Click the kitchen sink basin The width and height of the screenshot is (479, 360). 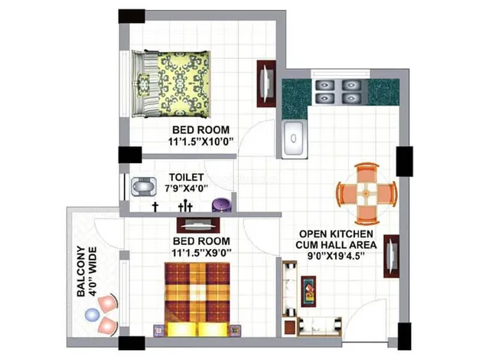(x=294, y=139)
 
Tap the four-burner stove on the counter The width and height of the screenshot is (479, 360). (x=338, y=91)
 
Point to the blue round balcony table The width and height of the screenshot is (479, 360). (x=93, y=315)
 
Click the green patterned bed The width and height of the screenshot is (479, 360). (x=171, y=83)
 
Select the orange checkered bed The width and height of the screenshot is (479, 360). (x=197, y=299)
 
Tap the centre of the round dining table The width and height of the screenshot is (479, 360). (x=367, y=193)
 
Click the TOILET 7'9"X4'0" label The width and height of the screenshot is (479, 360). (x=187, y=182)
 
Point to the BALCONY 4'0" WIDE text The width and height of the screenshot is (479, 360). (x=86, y=272)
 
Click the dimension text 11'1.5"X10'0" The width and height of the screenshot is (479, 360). (x=200, y=141)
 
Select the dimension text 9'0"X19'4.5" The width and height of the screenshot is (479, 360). (x=337, y=255)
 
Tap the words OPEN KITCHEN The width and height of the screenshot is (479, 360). (x=336, y=234)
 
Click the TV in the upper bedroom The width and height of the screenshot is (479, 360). (x=266, y=83)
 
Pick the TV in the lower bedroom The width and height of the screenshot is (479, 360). (x=198, y=225)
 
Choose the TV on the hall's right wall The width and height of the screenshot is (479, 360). (x=392, y=256)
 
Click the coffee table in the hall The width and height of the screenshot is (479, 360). (x=308, y=291)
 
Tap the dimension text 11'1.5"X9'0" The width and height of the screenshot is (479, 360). (x=201, y=253)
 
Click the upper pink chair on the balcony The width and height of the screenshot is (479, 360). (x=108, y=303)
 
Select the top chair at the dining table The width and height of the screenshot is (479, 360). (x=367, y=173)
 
